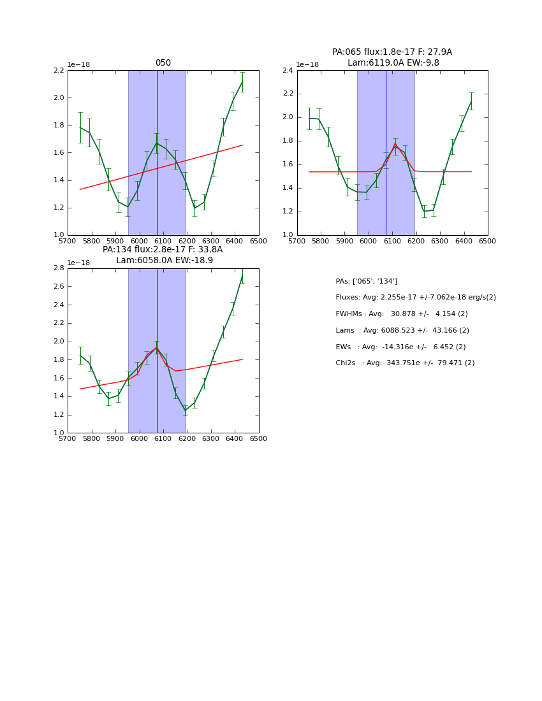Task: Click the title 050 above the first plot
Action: pos(163,63)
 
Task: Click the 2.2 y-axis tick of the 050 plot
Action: pos(58,70)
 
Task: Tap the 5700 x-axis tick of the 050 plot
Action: pos(68,242)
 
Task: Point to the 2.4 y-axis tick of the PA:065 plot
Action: pos(288,70)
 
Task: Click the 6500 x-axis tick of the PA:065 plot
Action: pos(488,242)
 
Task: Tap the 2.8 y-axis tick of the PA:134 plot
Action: pos(58,268)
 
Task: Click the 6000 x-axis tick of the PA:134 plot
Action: pos(139,439)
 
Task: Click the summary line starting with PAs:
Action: pos(367,281)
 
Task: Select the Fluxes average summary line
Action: pos(416,298)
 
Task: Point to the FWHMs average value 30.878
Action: pos(403,314)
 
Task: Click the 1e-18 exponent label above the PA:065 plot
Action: pos(307,64)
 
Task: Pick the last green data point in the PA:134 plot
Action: pos(242,275)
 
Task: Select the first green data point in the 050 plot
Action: pos(80,127)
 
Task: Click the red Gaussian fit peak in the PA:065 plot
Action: pos(395,145)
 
